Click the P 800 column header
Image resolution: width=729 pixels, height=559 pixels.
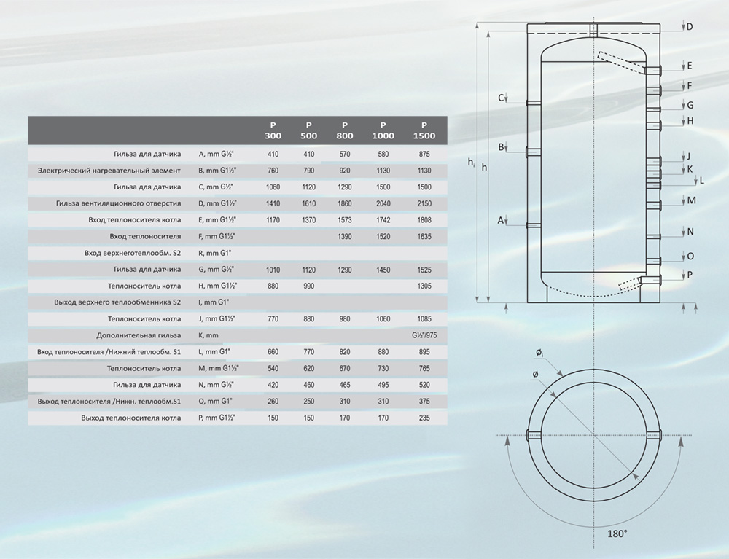(x=345, y=130)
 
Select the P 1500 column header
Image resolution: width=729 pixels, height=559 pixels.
(x=424, y=130)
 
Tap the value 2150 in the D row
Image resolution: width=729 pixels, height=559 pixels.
(x=424, y=203)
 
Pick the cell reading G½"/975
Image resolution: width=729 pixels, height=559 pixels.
(x=424, y=335)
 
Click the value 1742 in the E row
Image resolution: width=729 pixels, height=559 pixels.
(x=383, y=220)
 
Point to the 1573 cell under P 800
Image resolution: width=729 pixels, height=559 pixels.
(x=345, y=220)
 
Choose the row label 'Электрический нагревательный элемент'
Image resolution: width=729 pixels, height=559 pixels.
(x=109, y=171)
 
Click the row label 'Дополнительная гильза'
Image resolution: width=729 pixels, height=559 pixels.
(x=139, y=335)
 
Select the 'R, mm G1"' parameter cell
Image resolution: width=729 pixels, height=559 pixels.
(x=215, y=253)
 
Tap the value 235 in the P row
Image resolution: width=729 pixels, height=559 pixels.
(x=424, y=418)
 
